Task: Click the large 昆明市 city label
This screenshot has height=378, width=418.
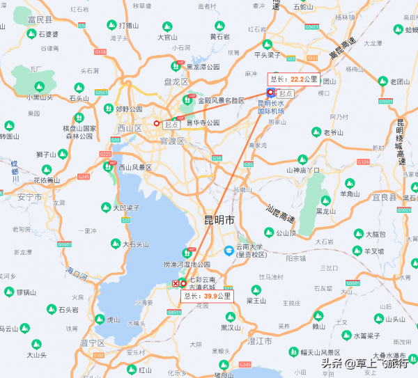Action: [x=219, y=220]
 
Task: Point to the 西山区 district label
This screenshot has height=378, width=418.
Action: [x=130, y=127]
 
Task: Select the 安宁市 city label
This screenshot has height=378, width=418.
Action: [x=29, y=197]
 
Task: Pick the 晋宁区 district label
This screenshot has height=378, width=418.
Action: [x=93, y=342]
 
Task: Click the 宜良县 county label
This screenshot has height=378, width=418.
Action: [x=404, y=197]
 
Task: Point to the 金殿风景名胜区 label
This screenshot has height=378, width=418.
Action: [x=221, y=100]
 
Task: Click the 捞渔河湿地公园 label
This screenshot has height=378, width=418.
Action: [x=187, y=265]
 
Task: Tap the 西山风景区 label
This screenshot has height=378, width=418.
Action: [x=135, y=167]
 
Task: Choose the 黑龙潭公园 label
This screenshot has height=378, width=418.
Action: [x=202, y=67]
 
